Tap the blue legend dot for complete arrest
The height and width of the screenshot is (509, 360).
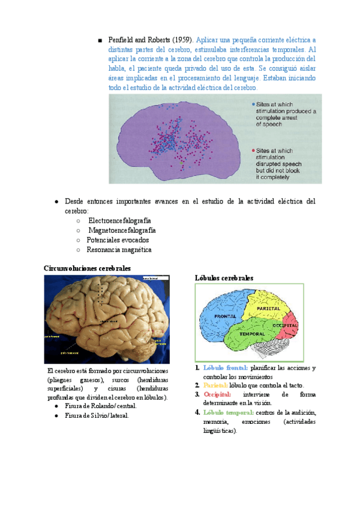pos(253,104)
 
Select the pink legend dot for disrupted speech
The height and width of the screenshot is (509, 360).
pos(253,150)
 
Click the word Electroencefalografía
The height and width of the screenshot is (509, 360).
pos(119,220)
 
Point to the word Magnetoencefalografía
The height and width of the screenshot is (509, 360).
pos(122,230)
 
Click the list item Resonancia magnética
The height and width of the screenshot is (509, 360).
pos(119,249)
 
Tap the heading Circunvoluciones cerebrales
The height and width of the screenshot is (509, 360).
pos(88,268)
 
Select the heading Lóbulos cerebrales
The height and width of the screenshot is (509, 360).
pos(224,278)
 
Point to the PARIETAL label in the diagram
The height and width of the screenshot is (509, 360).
pos(269,307)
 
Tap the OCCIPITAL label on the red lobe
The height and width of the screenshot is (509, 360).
pos(285,325)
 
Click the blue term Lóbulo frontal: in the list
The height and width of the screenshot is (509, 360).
pos(225,367)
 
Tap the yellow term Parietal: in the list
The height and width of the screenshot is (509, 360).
pos(215,385)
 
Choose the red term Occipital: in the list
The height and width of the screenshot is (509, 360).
pos(218,394)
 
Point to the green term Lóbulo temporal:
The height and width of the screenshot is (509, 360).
pos(228,412)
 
